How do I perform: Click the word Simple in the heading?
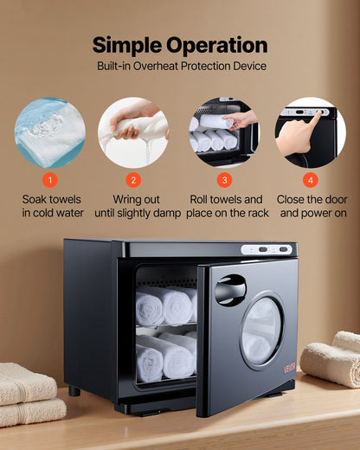click(x=129, y=44)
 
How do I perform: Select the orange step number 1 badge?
click(x=50, y=180)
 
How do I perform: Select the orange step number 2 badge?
click(x=132, y=180)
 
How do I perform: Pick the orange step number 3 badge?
click(x=225, y=180)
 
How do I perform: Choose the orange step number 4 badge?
click(x=311, y=180)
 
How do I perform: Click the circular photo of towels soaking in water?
click(x=50, y=132)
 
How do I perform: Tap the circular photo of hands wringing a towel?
click(x=132, y=132)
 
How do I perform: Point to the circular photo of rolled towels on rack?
click(x=223, y=132)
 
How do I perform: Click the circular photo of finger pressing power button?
click(x=310, y=132)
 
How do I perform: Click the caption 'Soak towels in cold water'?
click(x=51, y=206)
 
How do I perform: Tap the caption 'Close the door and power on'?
click(x=312, y=206)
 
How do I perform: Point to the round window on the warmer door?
click(x=260, y=331)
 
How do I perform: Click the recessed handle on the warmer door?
click(x=230, y=288)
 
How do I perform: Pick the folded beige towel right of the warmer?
click(x=332, y=359)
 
